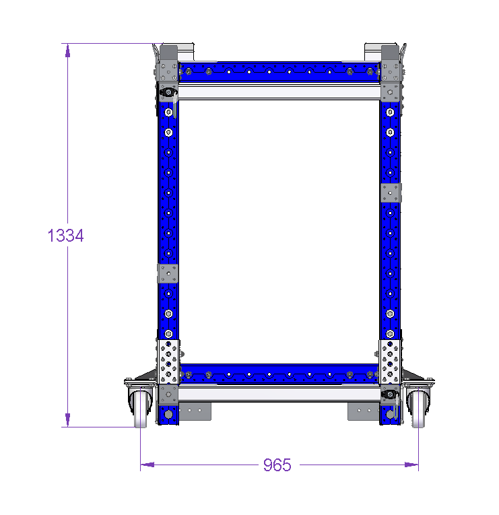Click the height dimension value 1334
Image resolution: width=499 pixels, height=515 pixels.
tap(66, 236)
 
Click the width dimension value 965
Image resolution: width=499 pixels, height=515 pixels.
tap(277, 465)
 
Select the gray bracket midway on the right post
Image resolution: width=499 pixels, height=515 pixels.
tap(391, 193)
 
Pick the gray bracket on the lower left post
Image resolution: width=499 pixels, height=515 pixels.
tap(168, 273)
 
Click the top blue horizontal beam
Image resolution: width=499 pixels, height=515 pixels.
tap(279, 71)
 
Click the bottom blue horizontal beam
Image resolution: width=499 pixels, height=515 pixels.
tap(279, 374)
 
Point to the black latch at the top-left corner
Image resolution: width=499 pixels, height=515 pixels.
tap(168, 92)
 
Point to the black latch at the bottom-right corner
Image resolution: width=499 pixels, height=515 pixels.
tap(390, 394)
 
